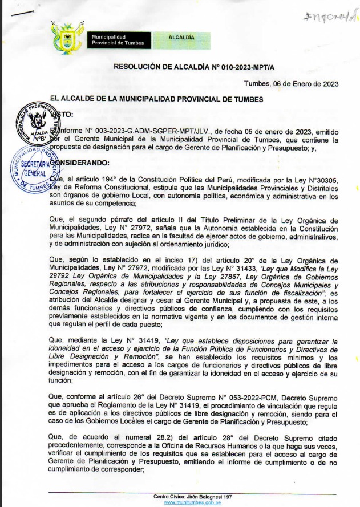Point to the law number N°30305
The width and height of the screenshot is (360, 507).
coord(322,179)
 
